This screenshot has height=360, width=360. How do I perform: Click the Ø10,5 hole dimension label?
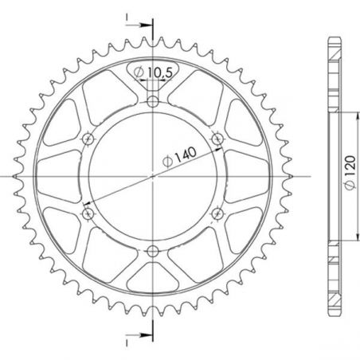point(154,72)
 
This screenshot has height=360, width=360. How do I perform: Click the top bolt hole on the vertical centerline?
point(152,100)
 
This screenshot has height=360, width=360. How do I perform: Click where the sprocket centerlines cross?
point(152,177)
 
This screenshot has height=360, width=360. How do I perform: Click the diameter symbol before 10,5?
point(139,73)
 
